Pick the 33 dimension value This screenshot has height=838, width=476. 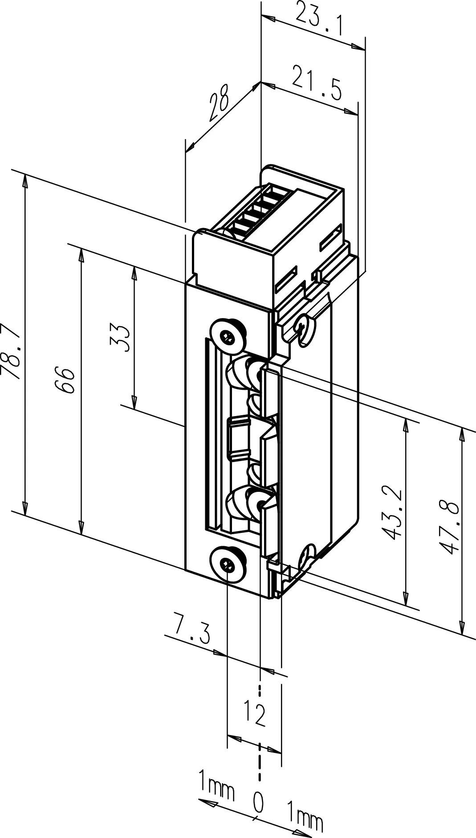(x=120, y=339)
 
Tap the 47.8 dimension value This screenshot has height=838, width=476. (x=450, y=527)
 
